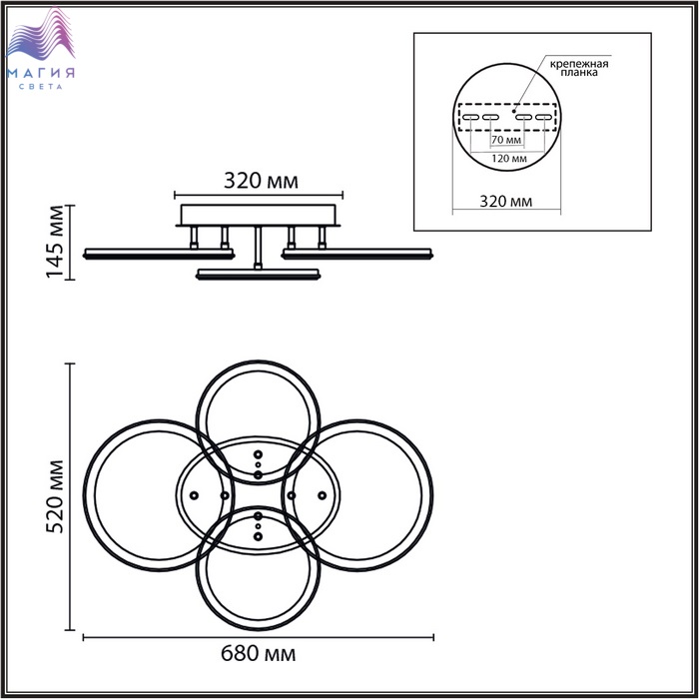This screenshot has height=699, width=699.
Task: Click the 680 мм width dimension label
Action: click(x=258, y=654)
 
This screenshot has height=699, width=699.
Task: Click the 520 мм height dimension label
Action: click(x=55, y=496)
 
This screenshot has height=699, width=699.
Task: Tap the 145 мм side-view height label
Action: click(x=55, y=242)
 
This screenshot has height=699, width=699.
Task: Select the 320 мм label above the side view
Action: click(x=261, y=181)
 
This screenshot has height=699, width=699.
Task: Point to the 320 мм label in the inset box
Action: click(x=506, y=202)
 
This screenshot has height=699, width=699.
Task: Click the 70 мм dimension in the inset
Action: click(x=506, y=140)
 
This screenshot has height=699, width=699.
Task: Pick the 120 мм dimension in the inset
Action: click(x=509, y=159)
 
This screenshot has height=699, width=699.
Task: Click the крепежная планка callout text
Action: click(x=579, y=68)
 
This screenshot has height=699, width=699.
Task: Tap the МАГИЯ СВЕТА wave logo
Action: click(x=41, y=48)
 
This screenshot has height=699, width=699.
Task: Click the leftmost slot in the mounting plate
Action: click(x=470, y=117)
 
